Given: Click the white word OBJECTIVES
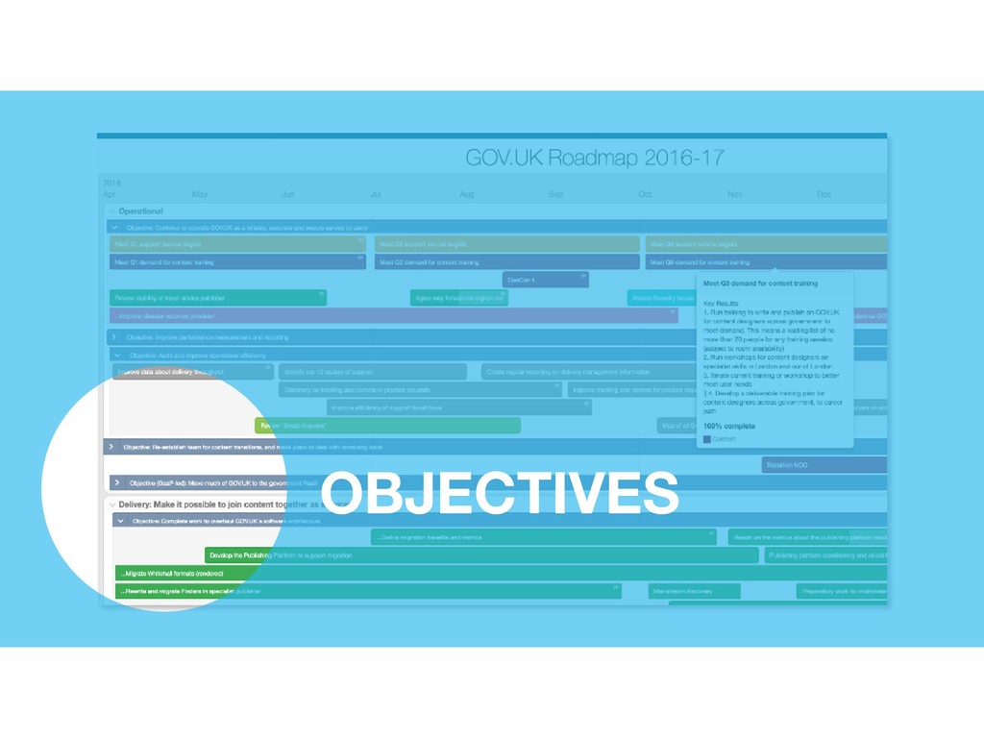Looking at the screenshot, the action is [499, 493].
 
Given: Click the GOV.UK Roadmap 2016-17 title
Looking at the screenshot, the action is [594, 158].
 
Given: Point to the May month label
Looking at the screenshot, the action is [200, 194].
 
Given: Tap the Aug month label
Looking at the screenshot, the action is [466, 194].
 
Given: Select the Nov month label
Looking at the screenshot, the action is [734, 194].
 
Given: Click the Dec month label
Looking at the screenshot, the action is [824, 194].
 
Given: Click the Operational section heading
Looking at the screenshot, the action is [140, 211].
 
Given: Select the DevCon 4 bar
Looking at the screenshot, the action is [545, 280].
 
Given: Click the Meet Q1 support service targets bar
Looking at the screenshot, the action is [237, 244].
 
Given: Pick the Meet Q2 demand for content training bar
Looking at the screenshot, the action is [506, 261].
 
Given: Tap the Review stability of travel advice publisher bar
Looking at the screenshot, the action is [218, 298].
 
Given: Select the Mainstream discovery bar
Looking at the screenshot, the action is [694, 591].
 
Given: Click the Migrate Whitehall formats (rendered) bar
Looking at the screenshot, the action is [183, 573].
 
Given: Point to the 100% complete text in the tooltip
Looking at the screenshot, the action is [727, 425].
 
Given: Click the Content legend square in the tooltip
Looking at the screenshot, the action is [707, 439].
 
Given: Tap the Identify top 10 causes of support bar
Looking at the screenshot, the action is [372, 371].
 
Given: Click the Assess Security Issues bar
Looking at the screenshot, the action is [661, 298].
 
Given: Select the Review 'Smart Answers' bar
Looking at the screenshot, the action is [387, 425].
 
